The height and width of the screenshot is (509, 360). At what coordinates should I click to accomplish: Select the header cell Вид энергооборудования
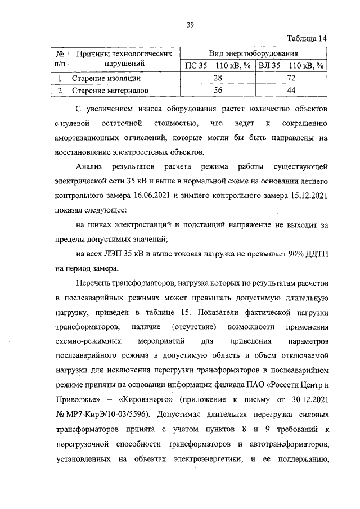tap(253, 53)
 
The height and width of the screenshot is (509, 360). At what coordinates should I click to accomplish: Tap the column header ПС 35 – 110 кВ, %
tap(217, 66)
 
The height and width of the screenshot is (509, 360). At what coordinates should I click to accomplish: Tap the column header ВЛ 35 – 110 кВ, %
tap(291, 66)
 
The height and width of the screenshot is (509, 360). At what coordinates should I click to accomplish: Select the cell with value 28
tap(217, 78)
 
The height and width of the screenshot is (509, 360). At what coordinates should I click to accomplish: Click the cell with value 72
tap(291, 78)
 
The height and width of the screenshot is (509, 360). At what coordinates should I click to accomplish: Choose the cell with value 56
tap(217, 89)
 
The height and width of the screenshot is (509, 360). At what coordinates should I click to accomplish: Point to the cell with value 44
tap(291, 89)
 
